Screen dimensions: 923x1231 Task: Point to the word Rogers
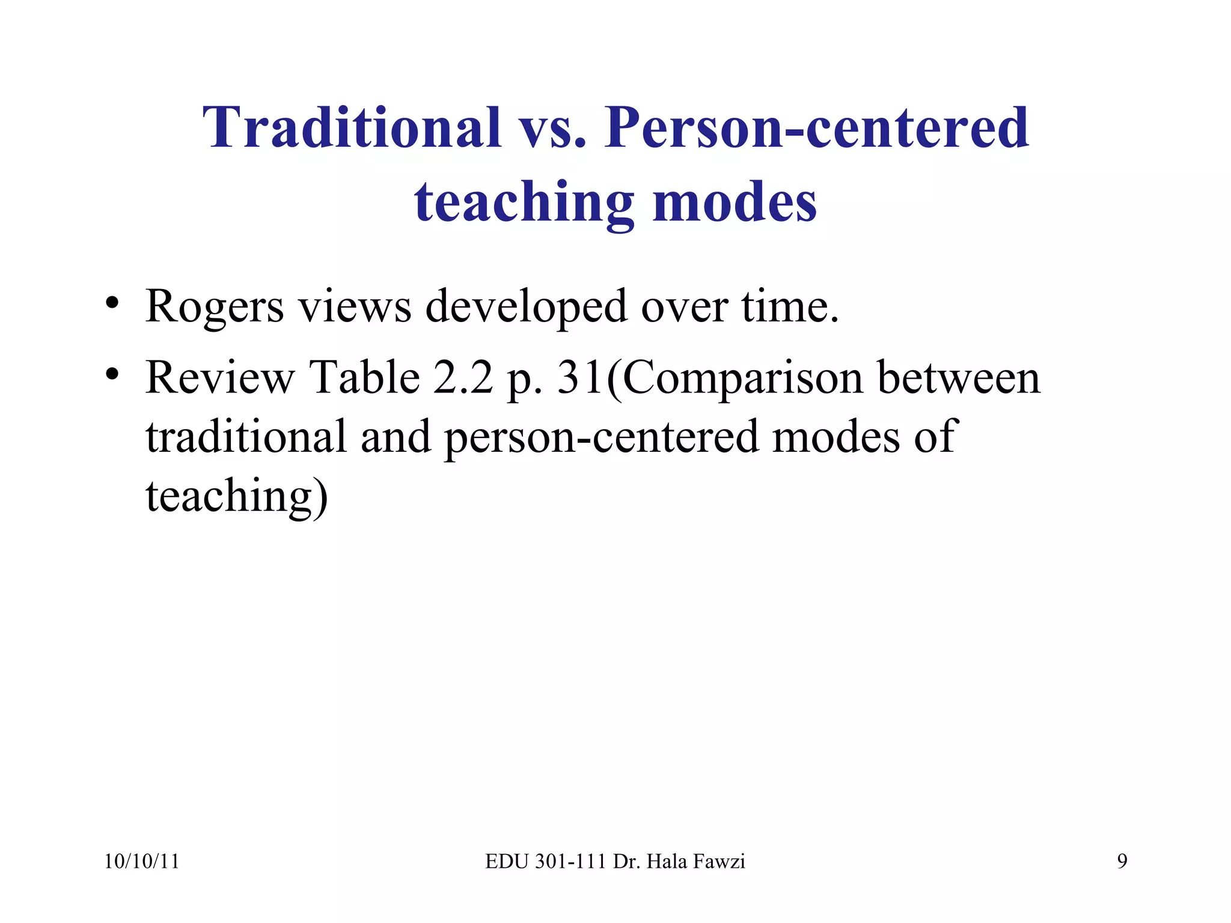click(x=215, y=306)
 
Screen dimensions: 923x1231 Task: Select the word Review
click(x=220, y=377)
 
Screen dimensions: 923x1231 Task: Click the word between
click(x=959, y=377)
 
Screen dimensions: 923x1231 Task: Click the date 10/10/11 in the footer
click(x=142, y=862)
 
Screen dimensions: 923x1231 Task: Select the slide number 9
click(x=1122, y=862)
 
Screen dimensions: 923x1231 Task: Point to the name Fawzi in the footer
click(x=719, y=862)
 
